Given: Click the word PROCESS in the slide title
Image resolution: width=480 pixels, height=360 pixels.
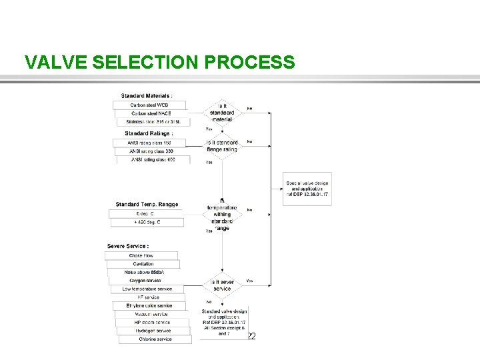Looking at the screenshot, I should [250, 62].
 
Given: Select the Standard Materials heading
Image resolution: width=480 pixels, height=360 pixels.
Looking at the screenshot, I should [146, 96].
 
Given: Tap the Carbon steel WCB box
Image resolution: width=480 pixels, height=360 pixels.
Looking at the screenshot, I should [149, 105].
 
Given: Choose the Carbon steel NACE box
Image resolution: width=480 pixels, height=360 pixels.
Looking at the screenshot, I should [151, 113].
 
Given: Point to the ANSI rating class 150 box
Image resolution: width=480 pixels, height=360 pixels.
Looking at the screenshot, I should [154, 143].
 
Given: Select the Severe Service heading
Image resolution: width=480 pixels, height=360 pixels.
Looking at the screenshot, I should [127, 247].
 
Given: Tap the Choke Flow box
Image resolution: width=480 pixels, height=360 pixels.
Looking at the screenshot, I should [141, 255].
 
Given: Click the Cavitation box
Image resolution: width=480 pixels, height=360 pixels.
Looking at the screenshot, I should [143, 264].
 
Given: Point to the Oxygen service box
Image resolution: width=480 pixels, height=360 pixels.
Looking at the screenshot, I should [144, 281].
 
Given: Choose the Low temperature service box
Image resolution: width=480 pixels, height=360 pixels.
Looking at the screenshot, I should [147, 289].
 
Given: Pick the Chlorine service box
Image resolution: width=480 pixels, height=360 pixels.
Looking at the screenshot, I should [155, 339].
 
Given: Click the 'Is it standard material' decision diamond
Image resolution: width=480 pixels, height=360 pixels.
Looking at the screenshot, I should [222, 113].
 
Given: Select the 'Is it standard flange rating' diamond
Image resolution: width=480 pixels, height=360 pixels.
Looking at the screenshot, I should [222, 146].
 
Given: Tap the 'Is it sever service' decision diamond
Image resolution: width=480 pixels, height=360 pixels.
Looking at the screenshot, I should [222, 285].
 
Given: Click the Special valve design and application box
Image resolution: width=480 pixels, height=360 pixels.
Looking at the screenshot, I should [307, 189].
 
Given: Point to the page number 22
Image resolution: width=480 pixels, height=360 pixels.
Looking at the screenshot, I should [251, 337].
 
